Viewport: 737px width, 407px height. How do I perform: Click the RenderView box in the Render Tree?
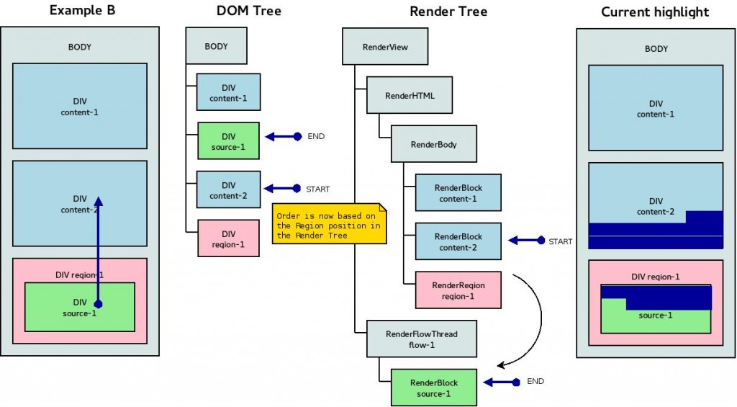[385, 47]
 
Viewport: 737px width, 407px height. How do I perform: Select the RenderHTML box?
[410, 95]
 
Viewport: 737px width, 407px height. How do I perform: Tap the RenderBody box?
[434, 144]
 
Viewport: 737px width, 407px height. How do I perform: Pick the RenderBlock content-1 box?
[458, 192]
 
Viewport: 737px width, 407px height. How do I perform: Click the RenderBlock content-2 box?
[458, 241]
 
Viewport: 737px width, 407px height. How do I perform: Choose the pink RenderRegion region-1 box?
[458, 290]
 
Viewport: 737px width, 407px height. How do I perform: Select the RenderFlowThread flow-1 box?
[421, 339]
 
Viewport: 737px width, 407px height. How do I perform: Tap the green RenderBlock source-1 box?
[434, 387]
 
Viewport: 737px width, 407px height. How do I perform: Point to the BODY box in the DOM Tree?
[216, 46]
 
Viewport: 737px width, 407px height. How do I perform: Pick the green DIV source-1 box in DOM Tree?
[228, 141]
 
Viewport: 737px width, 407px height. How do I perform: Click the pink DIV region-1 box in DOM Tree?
[228, 238]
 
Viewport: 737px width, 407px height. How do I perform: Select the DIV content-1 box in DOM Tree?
[228, 93]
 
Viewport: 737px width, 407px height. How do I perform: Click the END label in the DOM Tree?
[316, 136]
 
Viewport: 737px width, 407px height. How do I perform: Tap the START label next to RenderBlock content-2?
[560, 241]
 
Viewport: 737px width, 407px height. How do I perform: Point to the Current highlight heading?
[655, 12]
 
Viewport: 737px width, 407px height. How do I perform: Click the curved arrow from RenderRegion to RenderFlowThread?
[538, 317]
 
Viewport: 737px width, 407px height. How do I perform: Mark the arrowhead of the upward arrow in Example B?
[99, 202]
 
